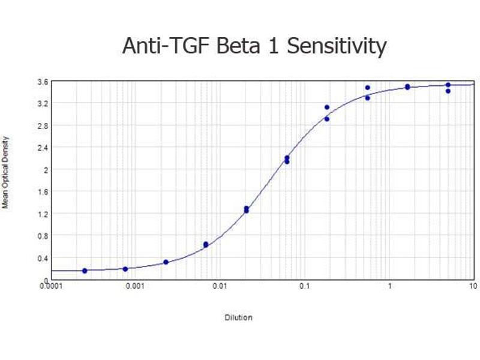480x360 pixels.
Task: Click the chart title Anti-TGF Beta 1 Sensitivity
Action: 254,46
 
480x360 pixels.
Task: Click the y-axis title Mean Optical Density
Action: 5,172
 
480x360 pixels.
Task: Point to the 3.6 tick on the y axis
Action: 42,82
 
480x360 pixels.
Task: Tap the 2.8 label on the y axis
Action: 42,125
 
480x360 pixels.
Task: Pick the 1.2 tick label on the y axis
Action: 42,214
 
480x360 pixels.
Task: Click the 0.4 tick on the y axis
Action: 42,258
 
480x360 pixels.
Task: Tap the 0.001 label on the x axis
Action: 136,287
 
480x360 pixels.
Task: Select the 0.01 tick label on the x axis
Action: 220,287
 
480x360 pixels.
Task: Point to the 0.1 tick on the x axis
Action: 305,287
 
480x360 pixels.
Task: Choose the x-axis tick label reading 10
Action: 473,287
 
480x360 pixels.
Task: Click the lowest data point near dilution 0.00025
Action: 85,271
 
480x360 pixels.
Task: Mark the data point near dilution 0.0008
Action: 125,269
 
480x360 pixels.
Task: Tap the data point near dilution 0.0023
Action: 166,262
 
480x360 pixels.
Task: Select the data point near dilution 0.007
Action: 206,244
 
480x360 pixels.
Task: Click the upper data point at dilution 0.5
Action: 367,88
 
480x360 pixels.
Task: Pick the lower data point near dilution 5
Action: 448,91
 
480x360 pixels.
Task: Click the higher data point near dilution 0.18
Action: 327,107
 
